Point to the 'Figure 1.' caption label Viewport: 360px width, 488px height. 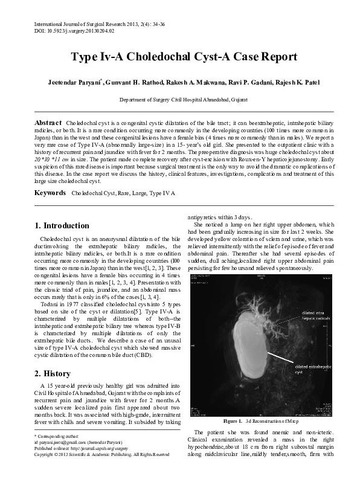233,420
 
